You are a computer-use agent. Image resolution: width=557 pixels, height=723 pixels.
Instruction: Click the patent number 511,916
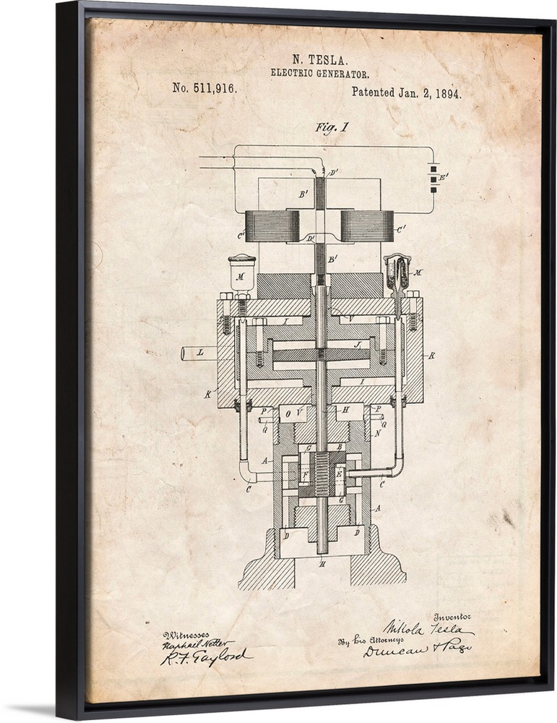click(204, 89)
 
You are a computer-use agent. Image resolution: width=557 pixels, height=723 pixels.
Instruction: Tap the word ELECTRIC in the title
click(292, 74)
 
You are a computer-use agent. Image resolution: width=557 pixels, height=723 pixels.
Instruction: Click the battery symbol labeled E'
click(433, 178)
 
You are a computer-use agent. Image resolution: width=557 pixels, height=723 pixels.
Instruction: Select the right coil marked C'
click(366, 226)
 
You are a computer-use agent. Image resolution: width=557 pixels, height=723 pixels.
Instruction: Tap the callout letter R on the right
click(431, 356)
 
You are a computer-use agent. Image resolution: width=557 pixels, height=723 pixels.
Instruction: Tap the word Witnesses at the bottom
click(185, 634)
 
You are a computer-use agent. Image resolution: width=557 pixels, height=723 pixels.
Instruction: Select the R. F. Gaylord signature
click(204, 657)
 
